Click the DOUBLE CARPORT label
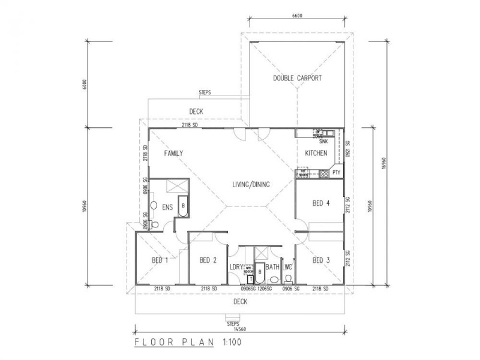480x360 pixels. (298, 78)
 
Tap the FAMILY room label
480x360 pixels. (173, 154)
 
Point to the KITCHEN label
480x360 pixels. (316, 154)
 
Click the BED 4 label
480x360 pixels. (321, 203)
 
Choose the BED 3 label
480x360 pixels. (321, 260)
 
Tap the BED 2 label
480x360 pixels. (208, 260)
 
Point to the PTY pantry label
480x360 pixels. (337, 173)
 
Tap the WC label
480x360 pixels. (287, 267)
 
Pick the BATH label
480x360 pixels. (272, 267)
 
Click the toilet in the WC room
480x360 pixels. (289, 279)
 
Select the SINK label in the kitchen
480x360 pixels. (323, 142)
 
